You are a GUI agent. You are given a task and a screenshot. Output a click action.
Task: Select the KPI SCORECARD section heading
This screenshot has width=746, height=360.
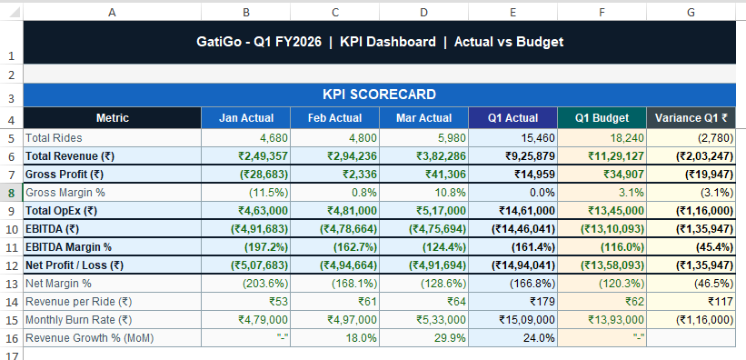380,95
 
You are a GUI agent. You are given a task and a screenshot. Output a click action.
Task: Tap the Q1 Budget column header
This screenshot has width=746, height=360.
602,118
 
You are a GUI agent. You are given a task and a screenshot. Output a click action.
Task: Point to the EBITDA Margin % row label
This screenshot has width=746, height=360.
69,246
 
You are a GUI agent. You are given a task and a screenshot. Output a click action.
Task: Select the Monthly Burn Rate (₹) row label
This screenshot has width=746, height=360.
78,319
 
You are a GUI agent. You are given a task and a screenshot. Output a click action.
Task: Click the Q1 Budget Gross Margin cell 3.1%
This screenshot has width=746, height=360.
622,192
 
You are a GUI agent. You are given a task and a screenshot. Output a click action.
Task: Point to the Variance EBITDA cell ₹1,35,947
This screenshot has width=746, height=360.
702,228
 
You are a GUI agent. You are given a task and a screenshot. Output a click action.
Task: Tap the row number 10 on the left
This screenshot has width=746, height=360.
11,228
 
